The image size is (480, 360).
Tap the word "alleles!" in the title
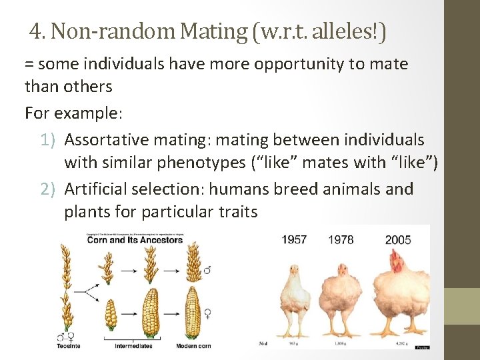(346, 31)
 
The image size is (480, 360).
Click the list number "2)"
(48, 189)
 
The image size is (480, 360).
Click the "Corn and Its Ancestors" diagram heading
(135, 239)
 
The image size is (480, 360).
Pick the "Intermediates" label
(133, 346)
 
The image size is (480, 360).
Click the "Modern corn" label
(193, 346)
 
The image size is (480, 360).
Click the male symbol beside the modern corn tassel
(207, 270)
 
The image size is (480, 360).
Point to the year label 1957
(294, 239)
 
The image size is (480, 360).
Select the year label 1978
(341, 239)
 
